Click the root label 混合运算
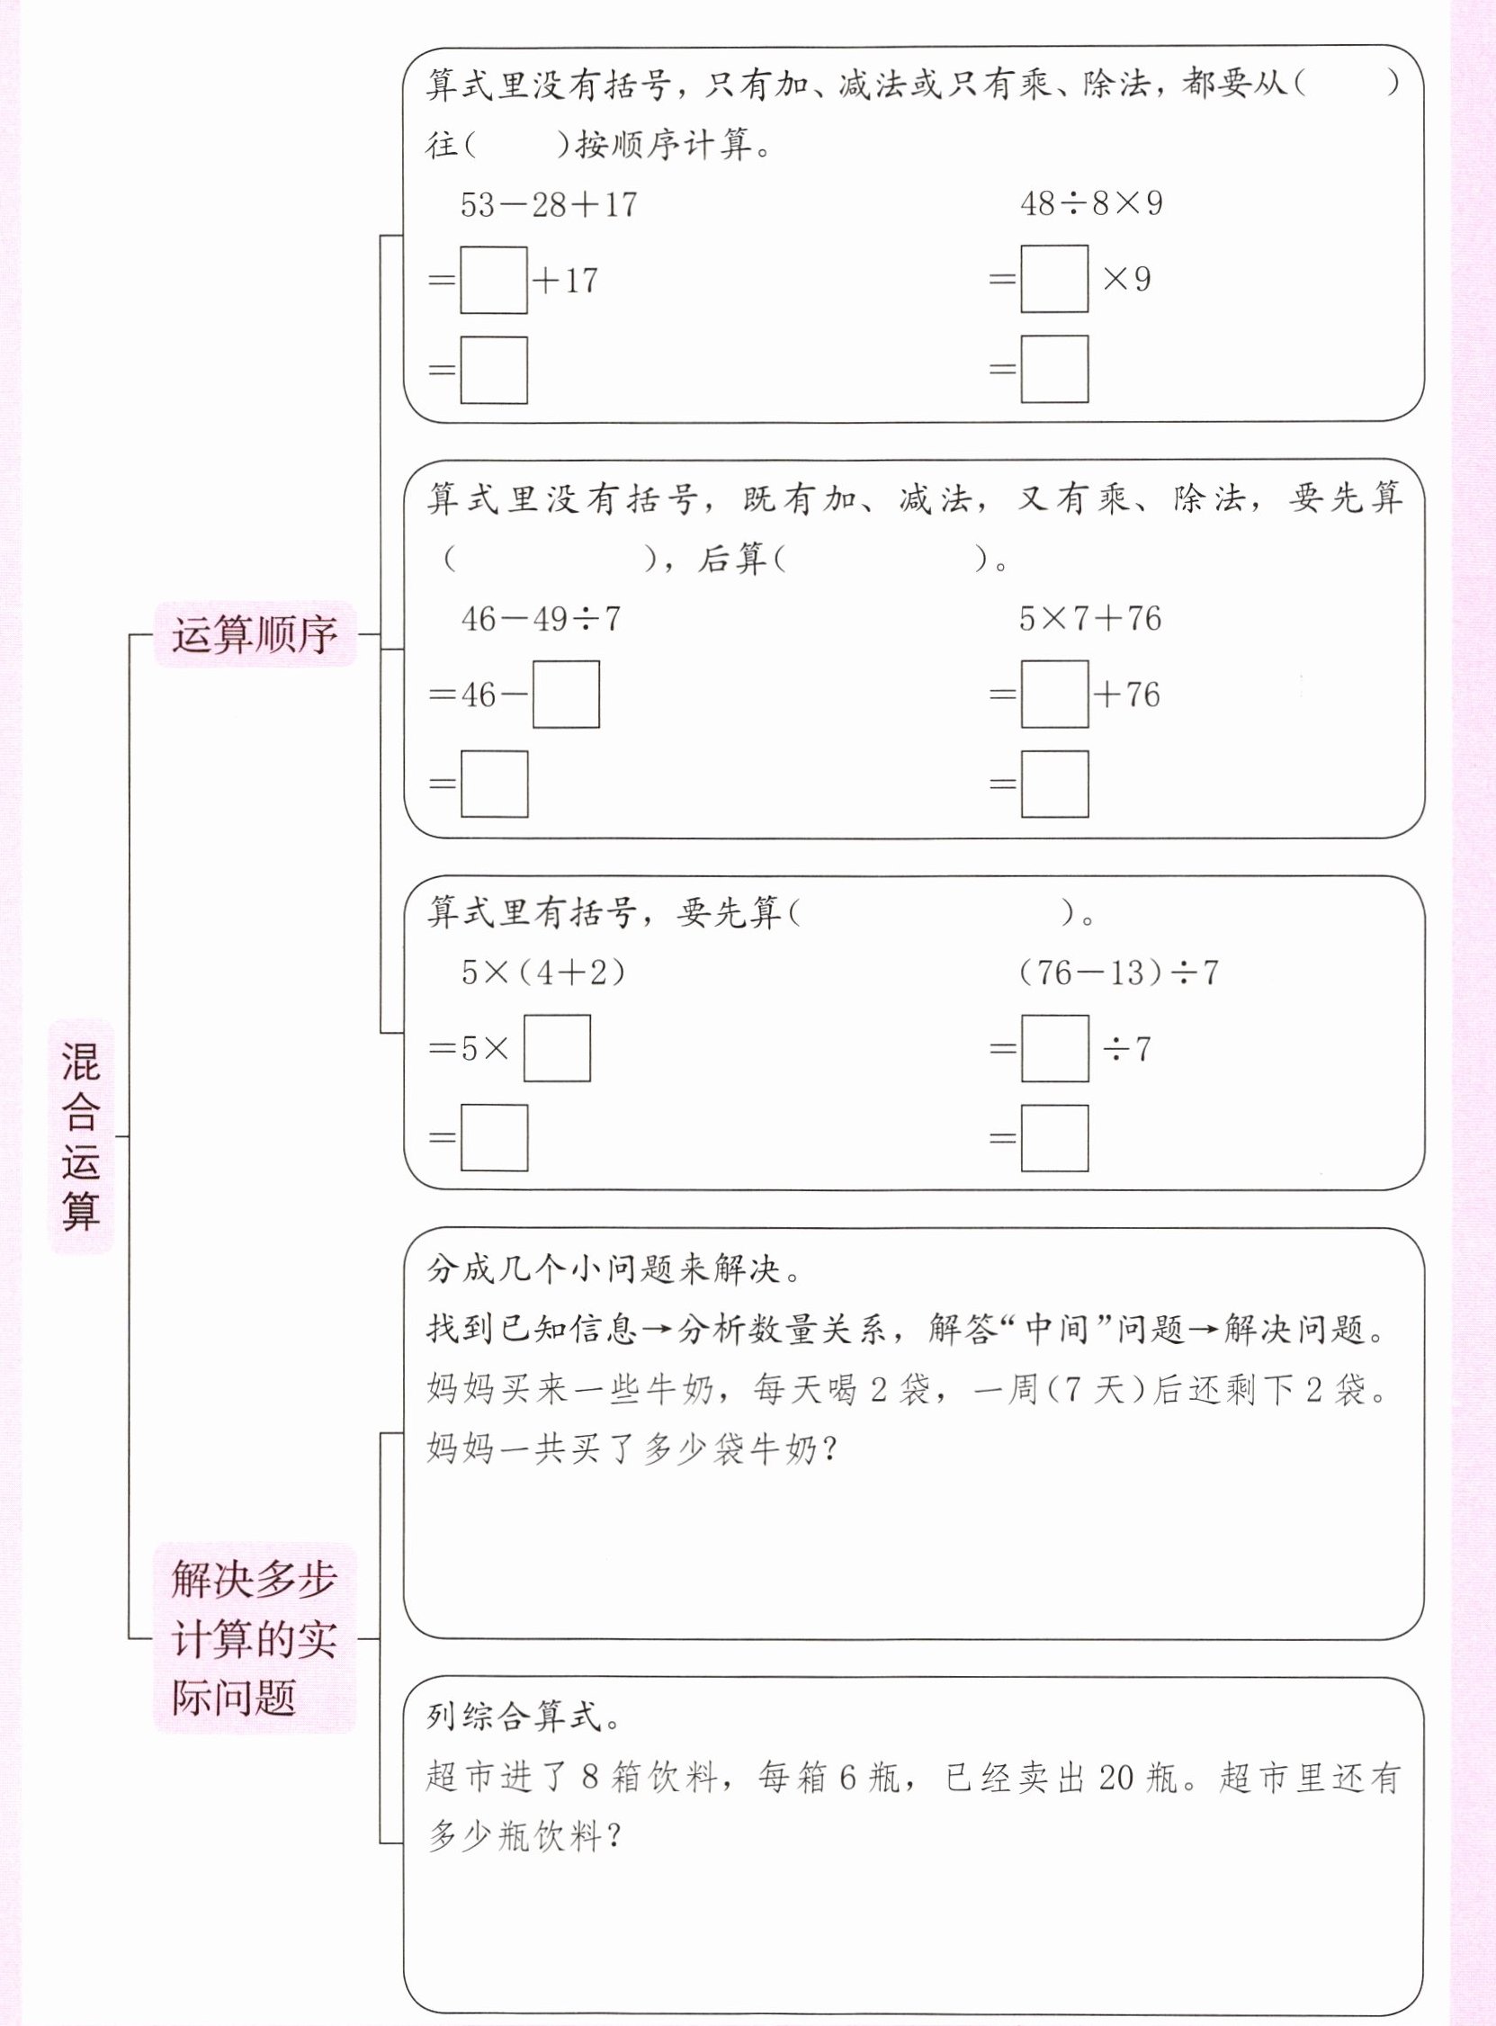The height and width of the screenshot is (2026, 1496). coord(81,1135)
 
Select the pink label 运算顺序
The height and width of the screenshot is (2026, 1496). coord(255,635)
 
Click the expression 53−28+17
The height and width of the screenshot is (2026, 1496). coord(549,204)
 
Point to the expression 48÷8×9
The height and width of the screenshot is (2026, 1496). coord(1090,203)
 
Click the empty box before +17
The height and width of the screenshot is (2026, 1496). coord(494,280)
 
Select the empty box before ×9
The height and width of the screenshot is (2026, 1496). coord(1054,279)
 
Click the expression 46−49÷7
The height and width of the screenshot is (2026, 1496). coord(541,620)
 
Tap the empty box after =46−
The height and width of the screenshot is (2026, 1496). coord(565,695)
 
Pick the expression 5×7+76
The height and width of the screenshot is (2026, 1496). coord(1089,619)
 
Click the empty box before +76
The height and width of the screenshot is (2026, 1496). coord(1054,695)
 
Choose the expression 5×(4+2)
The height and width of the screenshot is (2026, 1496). coord(543,973)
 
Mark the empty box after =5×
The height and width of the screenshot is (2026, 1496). coord(557,1048)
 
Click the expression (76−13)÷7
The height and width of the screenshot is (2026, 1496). coord(1118,973)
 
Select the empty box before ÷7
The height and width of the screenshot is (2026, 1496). coord(1054,1048)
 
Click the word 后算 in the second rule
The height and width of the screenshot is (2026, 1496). coord(731,560)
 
